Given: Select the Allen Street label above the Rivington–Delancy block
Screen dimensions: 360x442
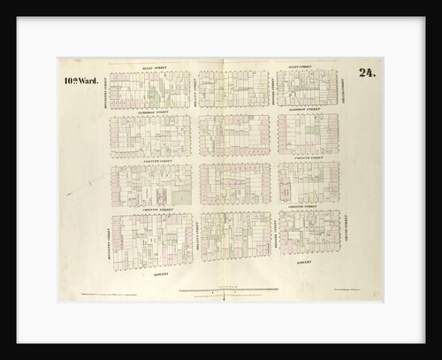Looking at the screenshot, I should pyautogui.click(x=149, y=66).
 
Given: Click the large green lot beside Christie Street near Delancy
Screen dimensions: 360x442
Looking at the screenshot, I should pyautogui.click(x=182, y=194).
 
